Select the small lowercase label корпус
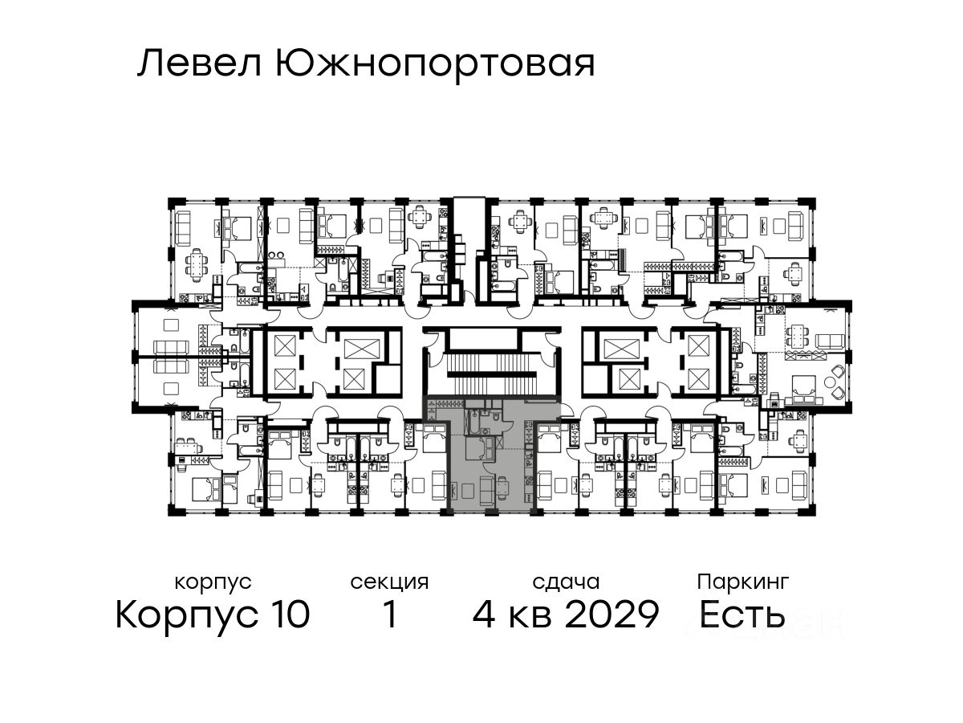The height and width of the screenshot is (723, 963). [213, 581]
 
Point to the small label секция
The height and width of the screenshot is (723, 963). [390, 581]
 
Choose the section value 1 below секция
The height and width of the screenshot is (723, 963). [390, 615]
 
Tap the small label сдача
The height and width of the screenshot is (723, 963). [565, 581]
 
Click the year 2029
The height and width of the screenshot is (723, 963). [612, 615]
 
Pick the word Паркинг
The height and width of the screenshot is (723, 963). [743, 581]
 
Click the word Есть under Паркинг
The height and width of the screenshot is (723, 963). [742, 615]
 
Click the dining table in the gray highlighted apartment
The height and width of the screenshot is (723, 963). [502, 487]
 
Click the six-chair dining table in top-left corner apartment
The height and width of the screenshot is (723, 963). [196, 263]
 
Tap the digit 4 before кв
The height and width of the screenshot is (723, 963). [485, 615]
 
